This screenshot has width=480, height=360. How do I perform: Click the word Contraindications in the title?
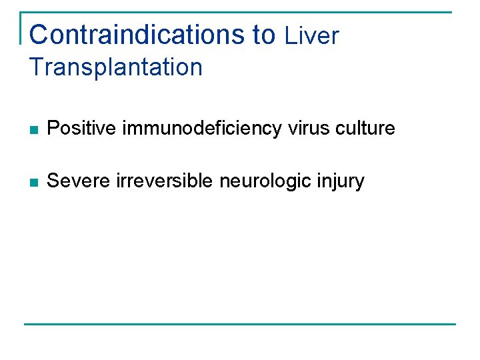(x=137, y=35)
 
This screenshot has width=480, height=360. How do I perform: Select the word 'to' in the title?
(x=264, y=35)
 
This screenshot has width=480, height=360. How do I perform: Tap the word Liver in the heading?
(x=311, y=36)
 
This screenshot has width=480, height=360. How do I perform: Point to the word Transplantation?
(x=116, y=67)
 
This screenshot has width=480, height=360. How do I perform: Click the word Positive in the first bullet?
(x=83, y=128)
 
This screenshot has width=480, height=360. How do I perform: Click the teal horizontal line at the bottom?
(x=240, y=325)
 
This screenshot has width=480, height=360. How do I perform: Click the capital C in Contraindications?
(x=39, y=35)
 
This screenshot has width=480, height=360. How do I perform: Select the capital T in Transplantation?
(x=36, y=67)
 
